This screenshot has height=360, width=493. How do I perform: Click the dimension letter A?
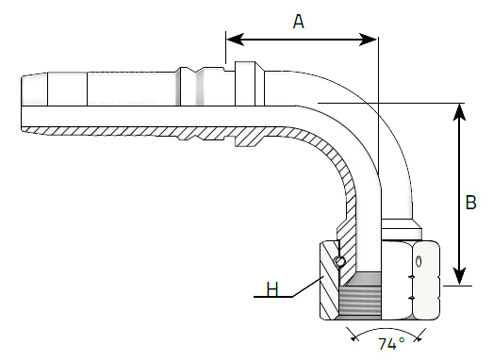click(299, 22)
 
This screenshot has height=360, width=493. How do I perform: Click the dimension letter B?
click(470, 203)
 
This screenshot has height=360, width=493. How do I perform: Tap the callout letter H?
click(272, 289)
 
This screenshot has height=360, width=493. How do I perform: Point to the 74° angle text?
click(391, 344)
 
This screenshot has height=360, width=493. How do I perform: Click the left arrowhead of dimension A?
click(235, 40)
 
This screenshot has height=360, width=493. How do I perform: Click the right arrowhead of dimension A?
click(368, 40)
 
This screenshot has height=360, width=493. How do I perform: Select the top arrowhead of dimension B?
click(460, 112)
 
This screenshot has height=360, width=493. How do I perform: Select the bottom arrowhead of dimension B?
click(460, 277)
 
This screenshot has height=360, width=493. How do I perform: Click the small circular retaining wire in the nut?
click(339, 261)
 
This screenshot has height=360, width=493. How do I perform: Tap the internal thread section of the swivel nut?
click(360, 301)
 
